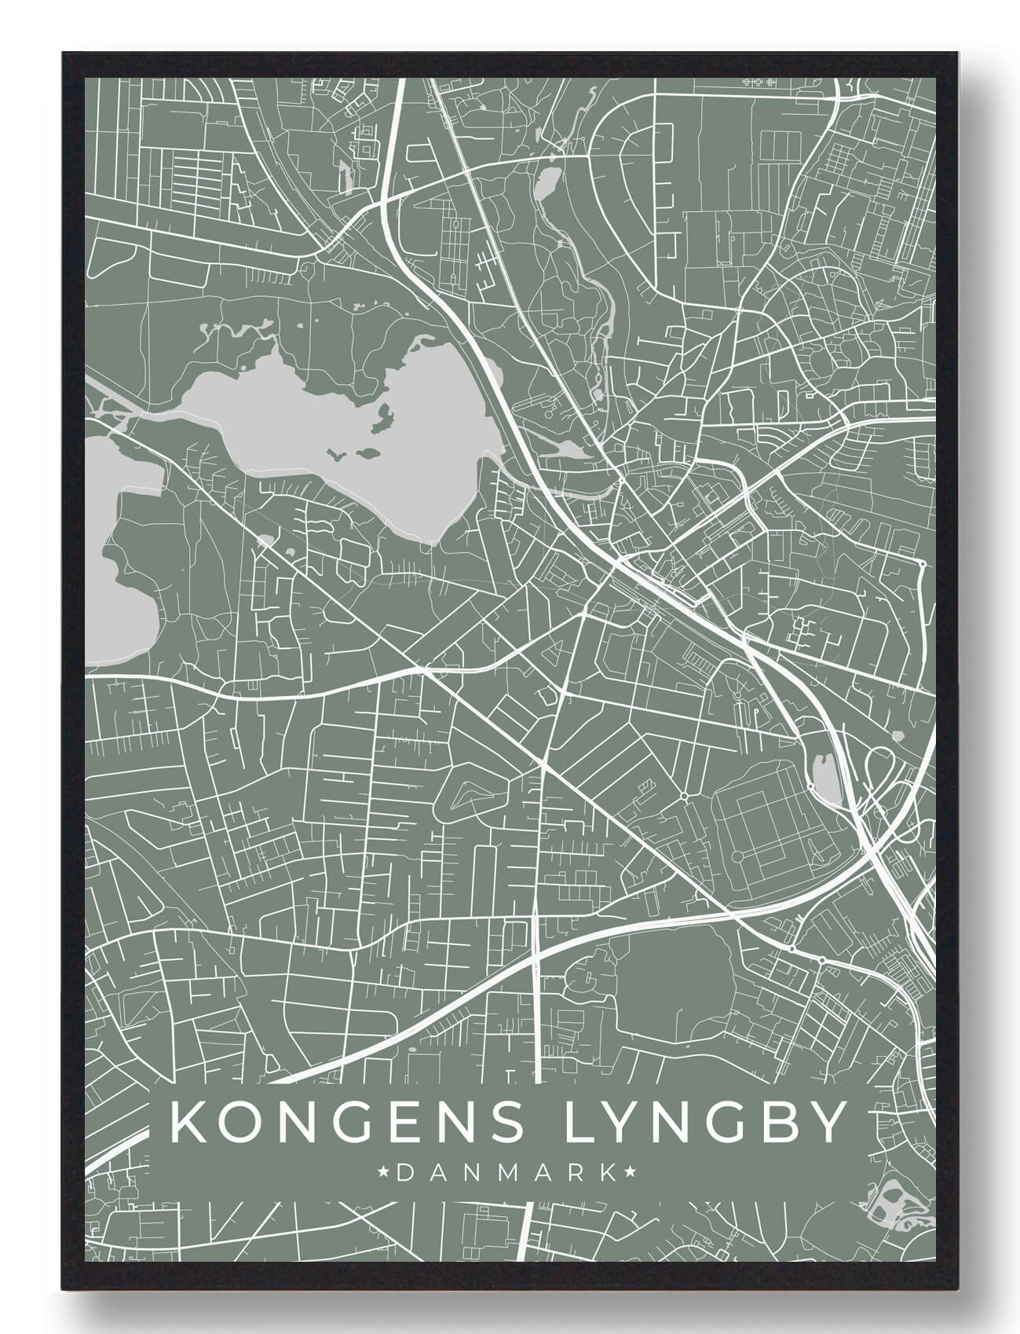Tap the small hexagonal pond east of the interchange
click(x=897, y=736)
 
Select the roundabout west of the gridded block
click(x=685, y=796)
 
